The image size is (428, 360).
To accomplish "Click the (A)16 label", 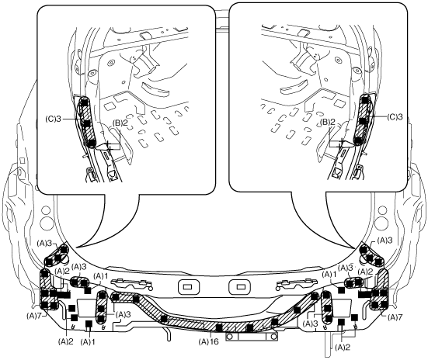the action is pyautogui.click(x=208, y=341).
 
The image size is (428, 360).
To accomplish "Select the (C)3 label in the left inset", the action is pyautogui.click(x=53, y=119).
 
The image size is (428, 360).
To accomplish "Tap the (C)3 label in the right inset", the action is pyautogui.click(x=395, y=117).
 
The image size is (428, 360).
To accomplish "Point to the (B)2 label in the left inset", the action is pyautogui.click(x=120, y=123).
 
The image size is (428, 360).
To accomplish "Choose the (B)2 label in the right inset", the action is pyautogui.click(x=328, y=122).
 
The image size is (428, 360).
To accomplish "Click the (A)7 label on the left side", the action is pyautogui.click(x=34, y=316).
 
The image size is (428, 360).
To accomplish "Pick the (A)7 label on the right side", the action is pyautogui.click(x=395, y=317).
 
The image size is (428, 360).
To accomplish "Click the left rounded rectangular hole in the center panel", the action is pyautogui.click(x=188, y=286).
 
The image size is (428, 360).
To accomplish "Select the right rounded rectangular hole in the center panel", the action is pyautogui.click(x=239, y=286).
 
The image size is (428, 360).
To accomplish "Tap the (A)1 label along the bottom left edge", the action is pyautogui.click(x=88, y=341).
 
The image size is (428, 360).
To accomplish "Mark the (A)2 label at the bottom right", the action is pyautogui.click(x=343, y=347).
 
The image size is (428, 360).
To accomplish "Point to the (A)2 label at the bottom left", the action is pyautogui.click(x=66, y=341).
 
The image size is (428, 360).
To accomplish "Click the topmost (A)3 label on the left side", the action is pyautogui.click(x=45, y=244).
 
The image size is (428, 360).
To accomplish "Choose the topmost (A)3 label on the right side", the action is pyautogui.click(x=385, y=241).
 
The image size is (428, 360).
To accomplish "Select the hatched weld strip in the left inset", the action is pyautogui.click(x=86, y=122).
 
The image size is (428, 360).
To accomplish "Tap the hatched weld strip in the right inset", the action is pyautogui.click(x=363, y=119).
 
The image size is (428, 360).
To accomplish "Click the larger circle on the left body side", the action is pyautogui.click(x=46, y=223).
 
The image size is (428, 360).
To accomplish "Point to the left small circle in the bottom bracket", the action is pyautogui.click(x=231, y=337).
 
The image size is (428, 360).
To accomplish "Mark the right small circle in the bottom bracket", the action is pyautogui.click(x=273, y=337).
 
